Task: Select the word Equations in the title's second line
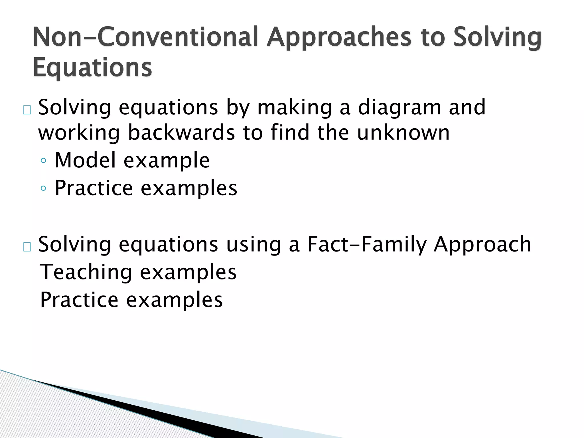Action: [x=92, y=68]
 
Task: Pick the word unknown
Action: [x=403, y=133]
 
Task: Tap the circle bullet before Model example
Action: [x=43, y=161]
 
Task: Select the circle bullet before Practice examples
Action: [x=43, y=188]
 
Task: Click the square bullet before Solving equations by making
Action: [x=27, y=110]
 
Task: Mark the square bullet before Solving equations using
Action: [x=27, y=247]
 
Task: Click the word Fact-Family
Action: [x=367, y=244]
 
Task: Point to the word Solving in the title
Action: [x=497, y=37]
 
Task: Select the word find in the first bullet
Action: [x=290, y=133]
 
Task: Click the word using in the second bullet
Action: [x=254, y=244]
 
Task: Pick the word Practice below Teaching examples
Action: [x=79, y=300]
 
